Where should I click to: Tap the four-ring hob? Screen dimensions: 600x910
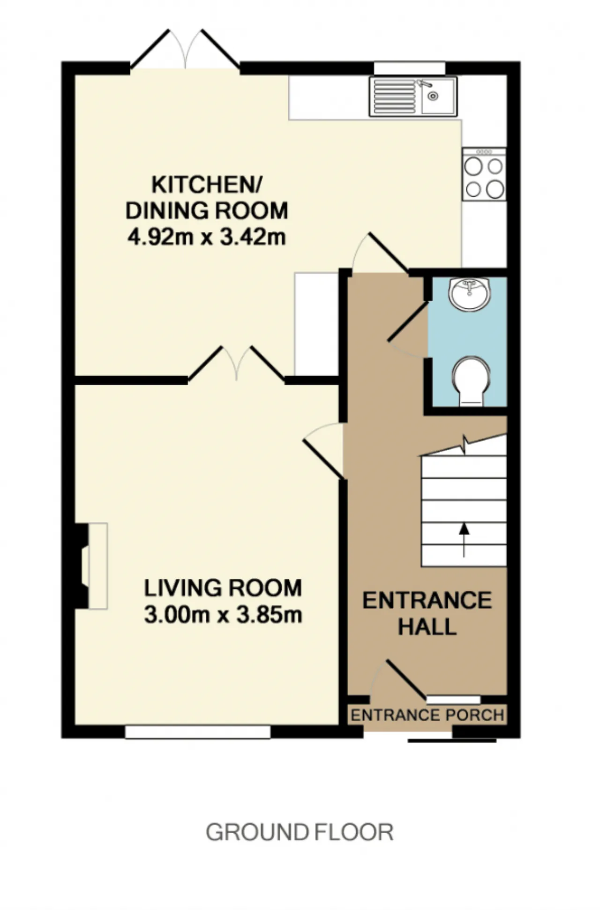484,174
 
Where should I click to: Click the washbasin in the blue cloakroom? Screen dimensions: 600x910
470,294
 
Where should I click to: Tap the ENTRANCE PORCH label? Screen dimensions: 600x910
427,715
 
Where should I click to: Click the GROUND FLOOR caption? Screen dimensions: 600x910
300,832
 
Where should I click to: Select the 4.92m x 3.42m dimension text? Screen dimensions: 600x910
207,237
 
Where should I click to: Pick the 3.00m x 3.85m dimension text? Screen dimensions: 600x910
223,615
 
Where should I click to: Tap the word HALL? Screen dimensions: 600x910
427,627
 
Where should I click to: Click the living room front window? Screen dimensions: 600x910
198,731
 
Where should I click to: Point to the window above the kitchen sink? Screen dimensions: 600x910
409,68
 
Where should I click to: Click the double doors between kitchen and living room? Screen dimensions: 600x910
237,363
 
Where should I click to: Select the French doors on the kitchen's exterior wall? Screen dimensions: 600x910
185,50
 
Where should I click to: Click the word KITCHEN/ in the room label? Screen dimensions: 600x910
207,185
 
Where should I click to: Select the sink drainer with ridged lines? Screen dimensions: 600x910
394,97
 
